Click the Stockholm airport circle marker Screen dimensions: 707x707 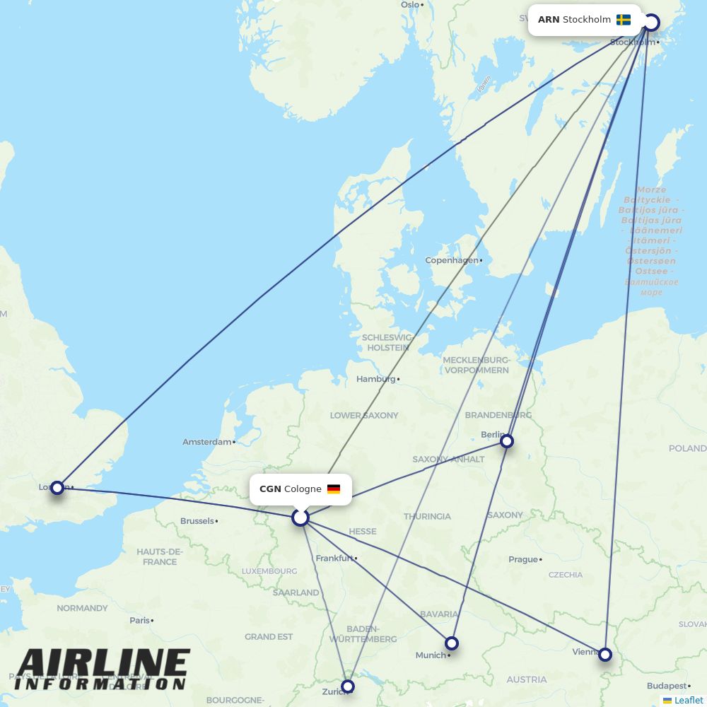click(x=651, y=23)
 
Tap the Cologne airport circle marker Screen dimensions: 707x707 click(x=300, y=518)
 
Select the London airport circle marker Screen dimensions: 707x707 click(x=57, y=487)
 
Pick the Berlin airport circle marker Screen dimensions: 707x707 click(x=507, y=441)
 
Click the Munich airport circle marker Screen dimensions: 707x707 click(x=452, y=643)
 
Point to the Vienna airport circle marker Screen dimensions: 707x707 click(x=605, y=655)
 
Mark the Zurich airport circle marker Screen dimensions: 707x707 click(x=348, y=686)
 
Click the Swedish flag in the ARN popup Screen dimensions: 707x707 click(x=624, y=20)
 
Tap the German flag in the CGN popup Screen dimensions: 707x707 click(x=334, y=489)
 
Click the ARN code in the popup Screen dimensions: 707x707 click(x=549, y=20)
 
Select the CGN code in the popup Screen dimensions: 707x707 click(x=270, y=489)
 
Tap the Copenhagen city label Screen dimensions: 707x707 click(x=452, y=260)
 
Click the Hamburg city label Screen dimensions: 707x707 click(x=376, y=379)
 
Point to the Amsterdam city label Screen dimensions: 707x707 click(x=207, y=442)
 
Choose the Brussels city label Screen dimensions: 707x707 click(x=197, y=521)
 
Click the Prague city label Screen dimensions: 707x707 click(x=523, y=559)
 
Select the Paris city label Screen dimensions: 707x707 click(x=139, y=620)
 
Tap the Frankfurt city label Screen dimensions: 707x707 click(x=334, y=558)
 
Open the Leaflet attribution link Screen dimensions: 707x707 click(x=689, y=700)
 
